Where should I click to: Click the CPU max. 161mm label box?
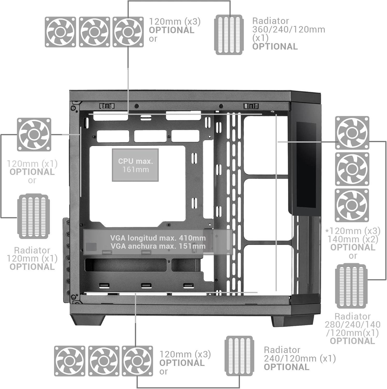[x=135, y=165]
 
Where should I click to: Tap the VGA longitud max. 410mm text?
[x=158, y=238]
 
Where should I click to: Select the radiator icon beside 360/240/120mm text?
[x=229, y=34]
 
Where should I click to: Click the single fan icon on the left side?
[x=34, y=134]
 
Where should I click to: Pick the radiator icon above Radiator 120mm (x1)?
[x=33, y=216]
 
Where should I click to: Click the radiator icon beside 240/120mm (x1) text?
[x=239, y=356]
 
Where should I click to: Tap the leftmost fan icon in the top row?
[x=60, y=32]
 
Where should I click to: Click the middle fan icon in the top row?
[x=94, y=32]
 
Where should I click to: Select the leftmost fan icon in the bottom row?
[x=69, y=361]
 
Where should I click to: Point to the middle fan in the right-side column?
[x=352, y=169]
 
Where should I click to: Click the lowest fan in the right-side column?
[x=352, y=205]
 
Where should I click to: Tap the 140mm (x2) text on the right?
[x=353, y=239]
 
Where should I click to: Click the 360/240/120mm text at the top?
[x=289, y=30]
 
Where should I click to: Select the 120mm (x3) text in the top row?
[x=174, y=22]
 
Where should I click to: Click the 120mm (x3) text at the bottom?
[x=185, y=354]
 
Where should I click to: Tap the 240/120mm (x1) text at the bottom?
[x=300, y=359]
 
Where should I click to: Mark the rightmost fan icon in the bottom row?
[x=137, y=361]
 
